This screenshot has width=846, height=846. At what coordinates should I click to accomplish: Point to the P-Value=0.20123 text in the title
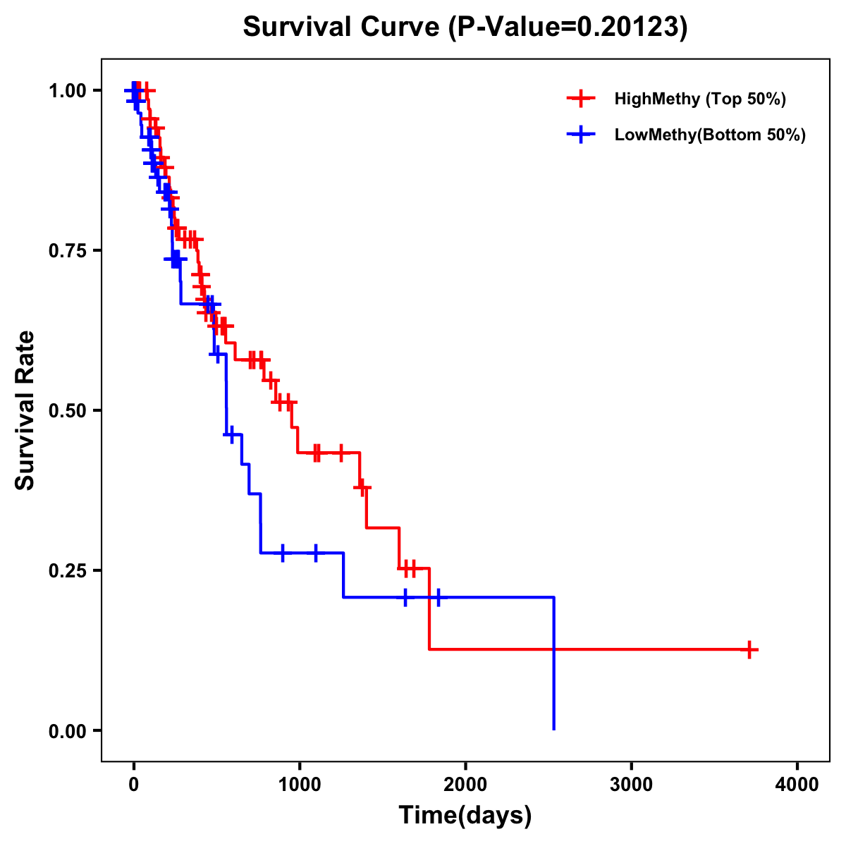[568, 27]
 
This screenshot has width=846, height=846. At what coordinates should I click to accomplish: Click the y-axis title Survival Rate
[25, 410]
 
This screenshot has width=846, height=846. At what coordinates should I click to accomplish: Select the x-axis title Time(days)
[465, 816]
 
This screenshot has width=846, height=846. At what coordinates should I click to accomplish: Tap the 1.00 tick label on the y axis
[67, 91]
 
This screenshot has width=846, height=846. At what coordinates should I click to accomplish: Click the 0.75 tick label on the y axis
[67, 251]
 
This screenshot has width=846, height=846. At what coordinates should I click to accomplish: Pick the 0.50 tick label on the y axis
[67, 411]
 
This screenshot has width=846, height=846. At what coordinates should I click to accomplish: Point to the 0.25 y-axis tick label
[67, 571]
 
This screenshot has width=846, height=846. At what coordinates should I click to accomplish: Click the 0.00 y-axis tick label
[67, 731]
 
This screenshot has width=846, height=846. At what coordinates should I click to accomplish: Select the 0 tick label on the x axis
[133, 785]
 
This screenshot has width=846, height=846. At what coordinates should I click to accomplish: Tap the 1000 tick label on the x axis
[299, 785]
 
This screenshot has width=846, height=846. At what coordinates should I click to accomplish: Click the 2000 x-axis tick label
[465, 785]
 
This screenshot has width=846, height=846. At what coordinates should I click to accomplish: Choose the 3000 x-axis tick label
[631, 785]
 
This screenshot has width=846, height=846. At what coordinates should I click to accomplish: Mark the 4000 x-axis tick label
[797, 785]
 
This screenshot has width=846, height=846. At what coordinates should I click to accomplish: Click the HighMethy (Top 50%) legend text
[700, 99]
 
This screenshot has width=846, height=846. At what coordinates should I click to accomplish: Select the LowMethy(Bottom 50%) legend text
[710, 135]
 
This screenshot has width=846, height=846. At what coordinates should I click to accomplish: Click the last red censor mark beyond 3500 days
[750, 649]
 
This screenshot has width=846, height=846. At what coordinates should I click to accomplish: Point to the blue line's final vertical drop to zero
[554, 663]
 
